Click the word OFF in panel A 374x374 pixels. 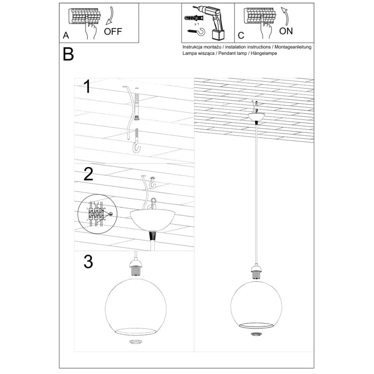pos(113,32)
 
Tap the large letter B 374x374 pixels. pos(68,54)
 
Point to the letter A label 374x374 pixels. pos(66,36)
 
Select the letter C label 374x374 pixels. pos(241,36)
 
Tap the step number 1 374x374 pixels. pos(88,87)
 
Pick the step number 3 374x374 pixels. pos(88,262)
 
